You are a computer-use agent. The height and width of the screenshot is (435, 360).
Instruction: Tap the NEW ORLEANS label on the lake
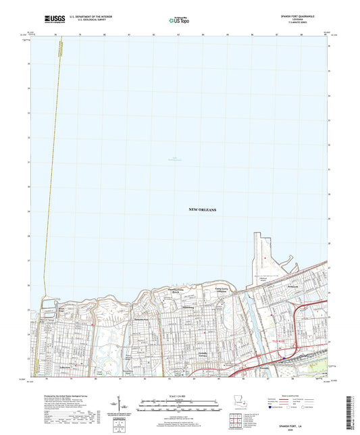[x=201, y=211]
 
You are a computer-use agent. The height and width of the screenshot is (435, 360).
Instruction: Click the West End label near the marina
[x=61, y=310]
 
